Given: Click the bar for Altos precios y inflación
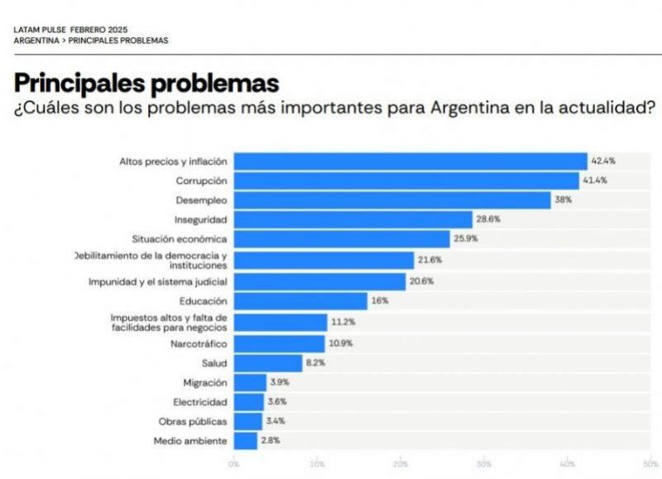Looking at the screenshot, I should coord(410,160).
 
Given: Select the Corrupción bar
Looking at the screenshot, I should coord(405,180).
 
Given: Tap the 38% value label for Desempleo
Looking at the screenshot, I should coord(563,200).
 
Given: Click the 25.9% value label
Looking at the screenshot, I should coord(466,239).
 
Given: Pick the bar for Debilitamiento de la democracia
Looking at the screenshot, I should coord(323,261).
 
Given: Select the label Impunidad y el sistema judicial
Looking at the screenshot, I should coord(157,281).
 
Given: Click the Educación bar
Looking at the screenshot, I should coord(300,301).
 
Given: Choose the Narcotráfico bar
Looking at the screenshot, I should coord(279,342).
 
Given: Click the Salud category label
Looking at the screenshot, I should coord(214,362).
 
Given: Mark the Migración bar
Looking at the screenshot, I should coord(250,382).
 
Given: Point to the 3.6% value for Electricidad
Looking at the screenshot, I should coord(277,402).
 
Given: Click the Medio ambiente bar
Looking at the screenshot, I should coord(245,441).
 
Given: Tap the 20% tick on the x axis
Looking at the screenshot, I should coord(401,464).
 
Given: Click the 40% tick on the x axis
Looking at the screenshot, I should coord(568,464).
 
